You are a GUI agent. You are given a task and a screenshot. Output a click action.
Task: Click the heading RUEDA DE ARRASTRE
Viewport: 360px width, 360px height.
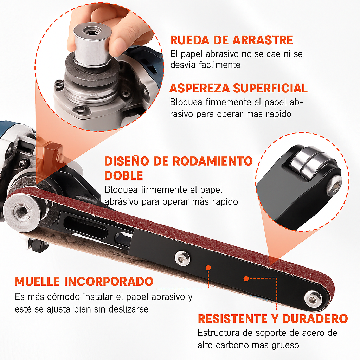tap(231, 40)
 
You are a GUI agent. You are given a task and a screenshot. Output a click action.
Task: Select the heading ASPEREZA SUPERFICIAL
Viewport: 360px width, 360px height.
tap(239, 88)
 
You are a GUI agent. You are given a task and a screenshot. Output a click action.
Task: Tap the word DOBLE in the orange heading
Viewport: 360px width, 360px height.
tap(124, 175)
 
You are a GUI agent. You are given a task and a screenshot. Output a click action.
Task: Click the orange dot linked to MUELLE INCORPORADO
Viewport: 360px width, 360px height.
tap(208, 268)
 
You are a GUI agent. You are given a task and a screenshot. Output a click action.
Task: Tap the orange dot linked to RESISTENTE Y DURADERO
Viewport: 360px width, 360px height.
tap(246, 278)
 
